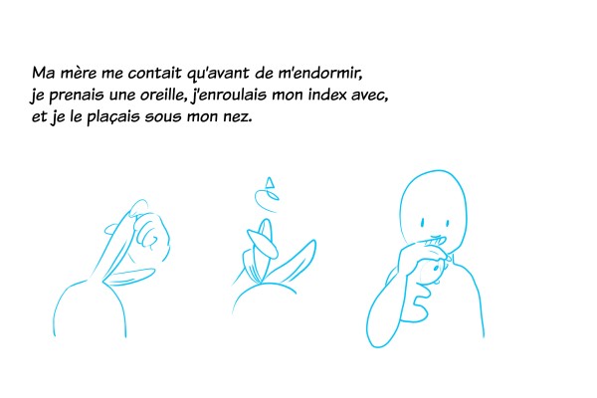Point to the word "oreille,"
pos(164,95)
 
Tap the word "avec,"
pos(370,96)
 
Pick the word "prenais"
pos(77,96)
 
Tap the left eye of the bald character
pos(422,223)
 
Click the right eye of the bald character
pos(447,223)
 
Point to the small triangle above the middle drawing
pos(270,182)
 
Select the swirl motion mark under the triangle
pos(267,200)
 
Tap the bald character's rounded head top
pos(434,172)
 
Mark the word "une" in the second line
pos(121,96)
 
